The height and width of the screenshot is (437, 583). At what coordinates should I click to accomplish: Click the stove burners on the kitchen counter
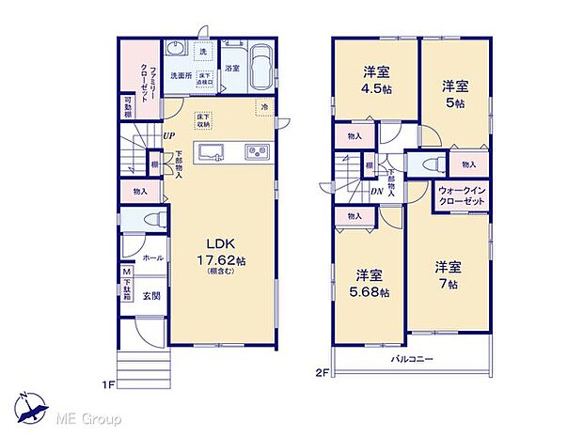pyautogui.click(x=258, y=152)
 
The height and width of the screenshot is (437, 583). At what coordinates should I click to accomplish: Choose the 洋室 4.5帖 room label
pyautogui.click(x=378, y=82)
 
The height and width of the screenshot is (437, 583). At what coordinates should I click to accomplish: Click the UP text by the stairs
pyautogui.click(x=167, y=135)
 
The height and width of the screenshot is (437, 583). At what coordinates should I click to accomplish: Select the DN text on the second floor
pyautogui.click(x=376, y=192)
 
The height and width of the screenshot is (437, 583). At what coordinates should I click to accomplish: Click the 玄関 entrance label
pyautogui.click(x=151, y=295)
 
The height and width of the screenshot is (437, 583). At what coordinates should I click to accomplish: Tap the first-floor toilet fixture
pyautogui.click(x=155, y=220)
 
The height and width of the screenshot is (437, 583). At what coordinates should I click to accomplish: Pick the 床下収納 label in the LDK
pyautogui.click(x=204, y=119)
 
